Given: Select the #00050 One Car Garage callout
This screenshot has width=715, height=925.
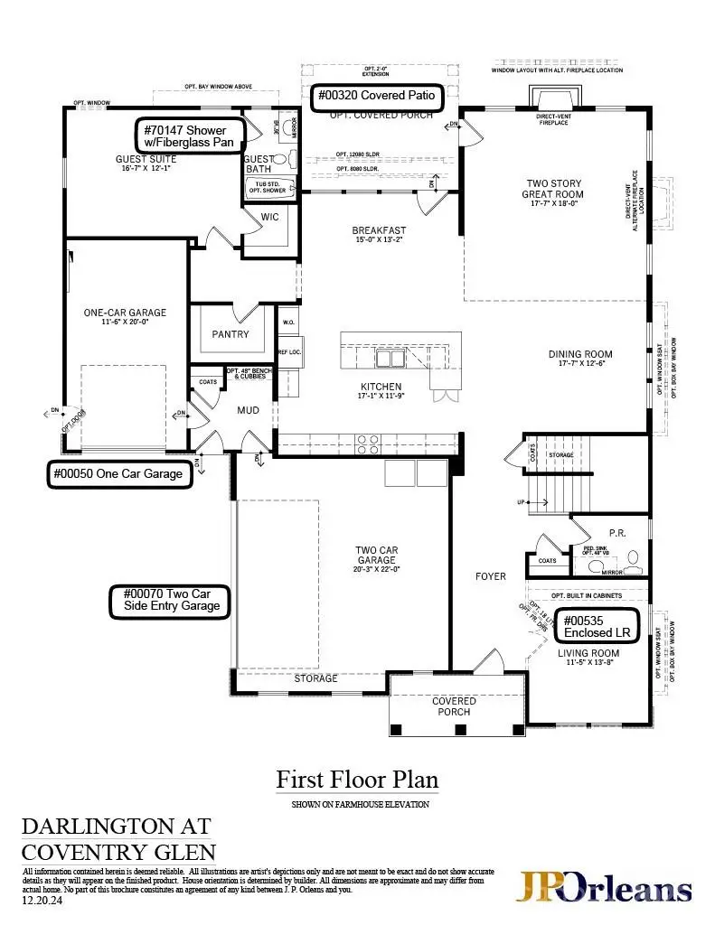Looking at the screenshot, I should pyautogui.click(x=119, y=474).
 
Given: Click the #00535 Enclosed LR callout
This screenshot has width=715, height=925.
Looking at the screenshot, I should pyautogui.click(x=597, y=627).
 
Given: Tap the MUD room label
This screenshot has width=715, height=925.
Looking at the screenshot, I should pyautogui.click(x=248, y=410).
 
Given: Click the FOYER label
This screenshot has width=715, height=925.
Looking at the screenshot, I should pyautogui.click(x=491, y=576).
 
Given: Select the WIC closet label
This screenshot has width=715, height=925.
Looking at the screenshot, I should pyautogui.click(x=269, y=217).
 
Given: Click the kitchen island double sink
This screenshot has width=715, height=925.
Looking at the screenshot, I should pyautogui.click(x=390, y=359).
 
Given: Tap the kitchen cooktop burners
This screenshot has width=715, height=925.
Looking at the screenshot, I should pyautogui.click(x=368, y=444).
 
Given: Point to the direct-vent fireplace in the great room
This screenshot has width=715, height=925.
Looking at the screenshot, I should pyautogui.click(x=552, y=99).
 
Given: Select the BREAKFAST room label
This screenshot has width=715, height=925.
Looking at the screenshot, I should pyautogui.click(x=379, y=231).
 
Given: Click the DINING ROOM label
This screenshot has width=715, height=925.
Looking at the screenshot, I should pyautogui.click(x=580, y=354).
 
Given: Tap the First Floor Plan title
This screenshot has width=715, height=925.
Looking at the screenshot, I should pyautogui.click(x=357, y=780).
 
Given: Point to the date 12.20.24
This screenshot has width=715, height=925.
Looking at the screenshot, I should pyautogui.click(x=41, y=900).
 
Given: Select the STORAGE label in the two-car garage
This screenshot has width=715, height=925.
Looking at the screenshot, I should pyautogui.click(x=315, y=678).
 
